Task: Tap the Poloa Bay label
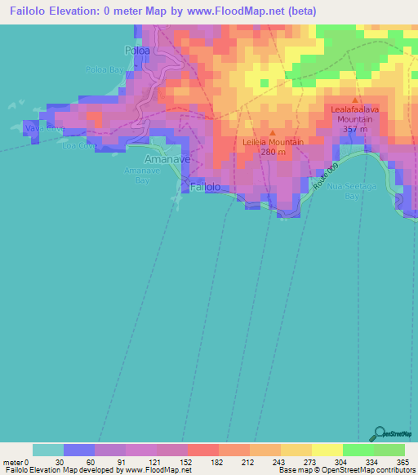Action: coord(105,69)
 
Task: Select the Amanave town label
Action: coord(167,160)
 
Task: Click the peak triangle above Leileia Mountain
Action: coord(273,131)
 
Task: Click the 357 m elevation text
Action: coord(354,129)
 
